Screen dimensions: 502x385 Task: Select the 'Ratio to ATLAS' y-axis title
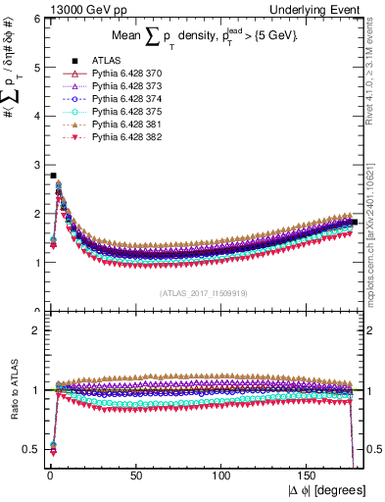[x=14, y=390]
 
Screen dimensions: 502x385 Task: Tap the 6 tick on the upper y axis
[x=35, y=19]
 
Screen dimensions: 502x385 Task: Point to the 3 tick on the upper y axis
[x=35, y=165]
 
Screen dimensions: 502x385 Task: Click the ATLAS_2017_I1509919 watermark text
[x=203, y=292]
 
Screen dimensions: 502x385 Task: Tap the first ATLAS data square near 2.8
[x=52, y=176]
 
